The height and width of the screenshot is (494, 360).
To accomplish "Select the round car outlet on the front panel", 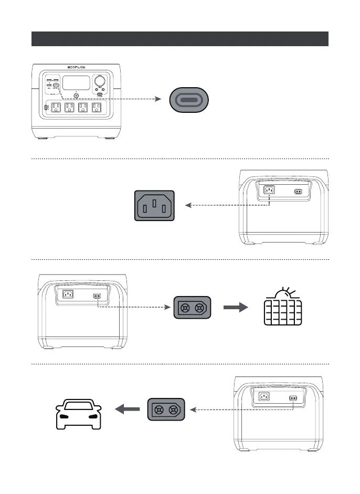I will [x=99, y=82].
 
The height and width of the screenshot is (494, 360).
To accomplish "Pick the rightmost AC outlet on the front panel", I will [x=96, y=107].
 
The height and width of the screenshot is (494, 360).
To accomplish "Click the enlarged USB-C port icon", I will [x=188, y=99].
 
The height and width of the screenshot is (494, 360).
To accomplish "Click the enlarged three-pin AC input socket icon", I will [x=155, y=205].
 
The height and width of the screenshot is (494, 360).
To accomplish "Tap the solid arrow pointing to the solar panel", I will [x=235, y=308].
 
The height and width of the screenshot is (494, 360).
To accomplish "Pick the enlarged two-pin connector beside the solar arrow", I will [x=192, y=308].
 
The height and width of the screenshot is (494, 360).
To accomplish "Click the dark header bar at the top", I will [x=180, y=39].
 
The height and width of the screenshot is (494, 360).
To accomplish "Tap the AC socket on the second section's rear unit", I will [x=269, y=191].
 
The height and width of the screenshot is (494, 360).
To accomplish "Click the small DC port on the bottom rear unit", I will [x=293, y=398].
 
